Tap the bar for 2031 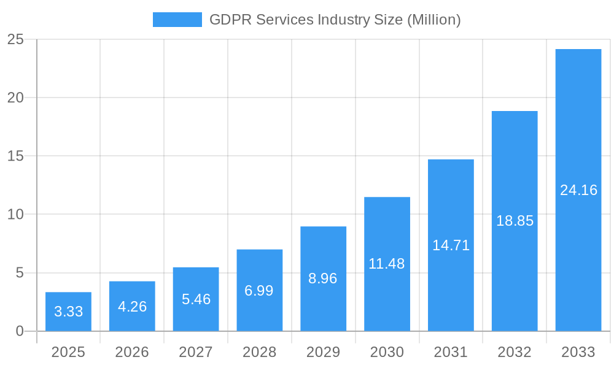451,245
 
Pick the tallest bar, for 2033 578,190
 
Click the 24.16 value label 578,190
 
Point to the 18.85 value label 515,221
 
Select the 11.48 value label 387,264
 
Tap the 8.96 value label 323,278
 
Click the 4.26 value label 132,307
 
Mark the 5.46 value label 196,299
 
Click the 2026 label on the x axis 132,352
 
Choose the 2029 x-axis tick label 323,352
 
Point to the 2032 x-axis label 515,352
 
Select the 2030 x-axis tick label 387,352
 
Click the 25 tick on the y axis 15,40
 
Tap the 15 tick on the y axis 15,156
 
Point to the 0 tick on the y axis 19,331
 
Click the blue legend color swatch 177,20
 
